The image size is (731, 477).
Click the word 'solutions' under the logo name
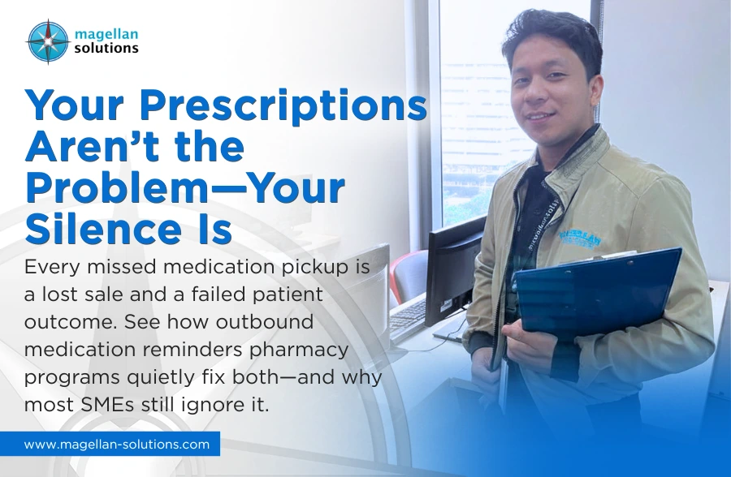[106, 49]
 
